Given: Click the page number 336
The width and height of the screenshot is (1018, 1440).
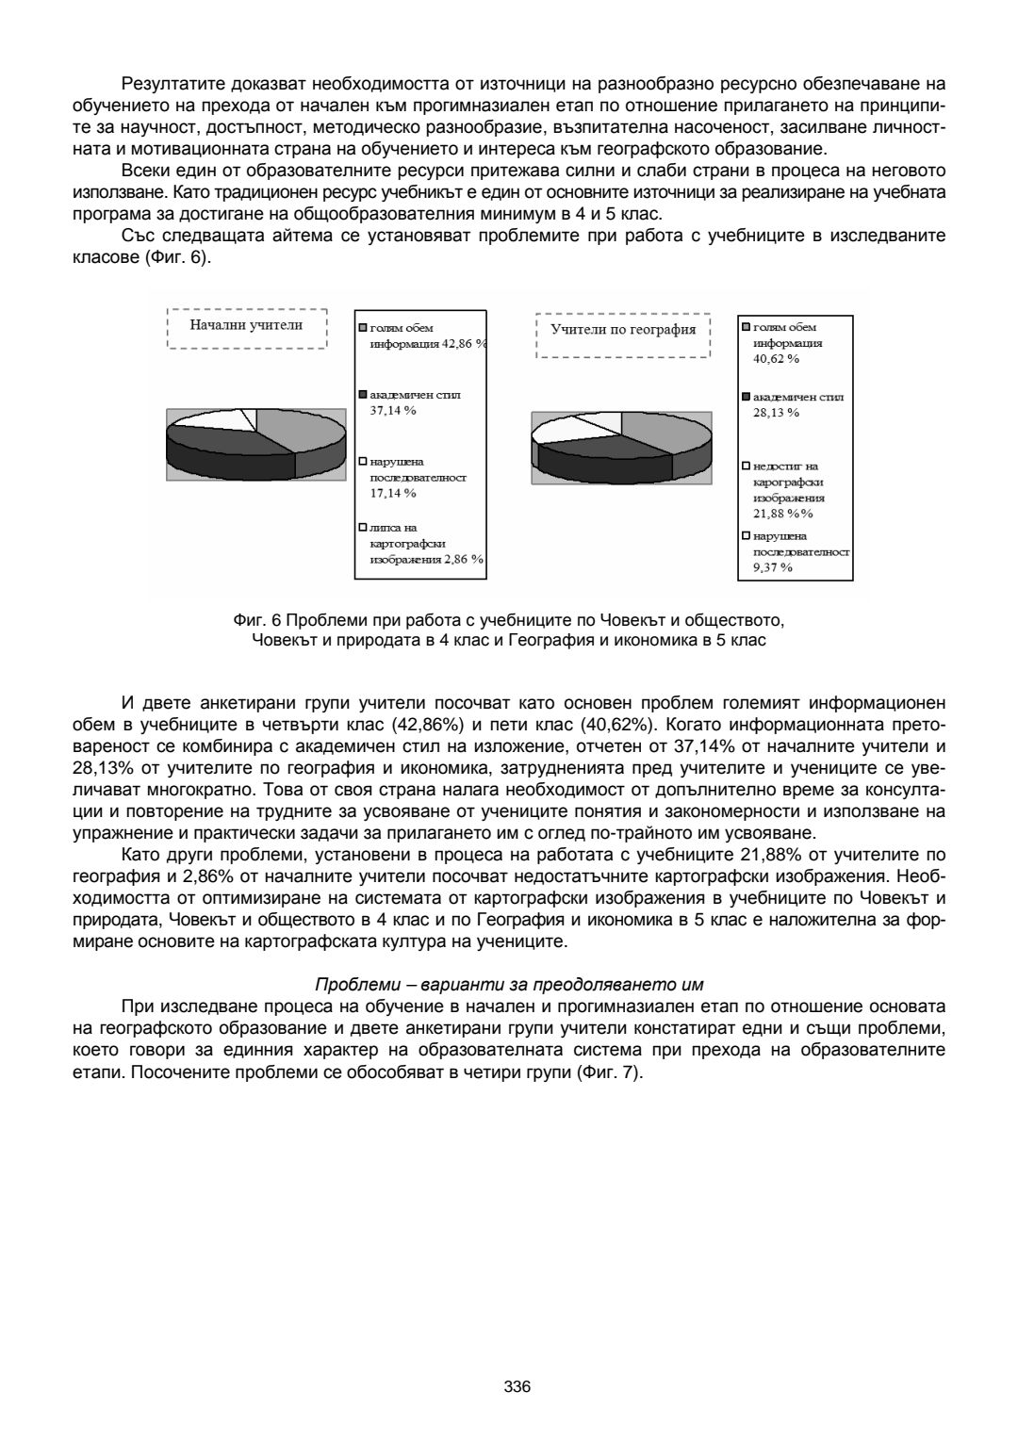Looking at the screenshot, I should tap(517, 1386).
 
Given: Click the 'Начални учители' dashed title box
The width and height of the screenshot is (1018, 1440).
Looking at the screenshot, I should tap(246, 326).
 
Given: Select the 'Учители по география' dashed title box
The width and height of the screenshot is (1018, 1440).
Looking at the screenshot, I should tap(623, 330).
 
